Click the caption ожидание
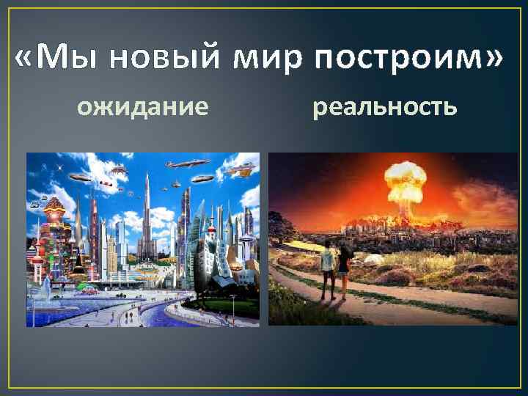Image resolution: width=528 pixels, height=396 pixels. pyautogui.click(x=143, y=109)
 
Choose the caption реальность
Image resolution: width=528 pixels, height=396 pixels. pyautogui.click(x=385, y=109)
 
